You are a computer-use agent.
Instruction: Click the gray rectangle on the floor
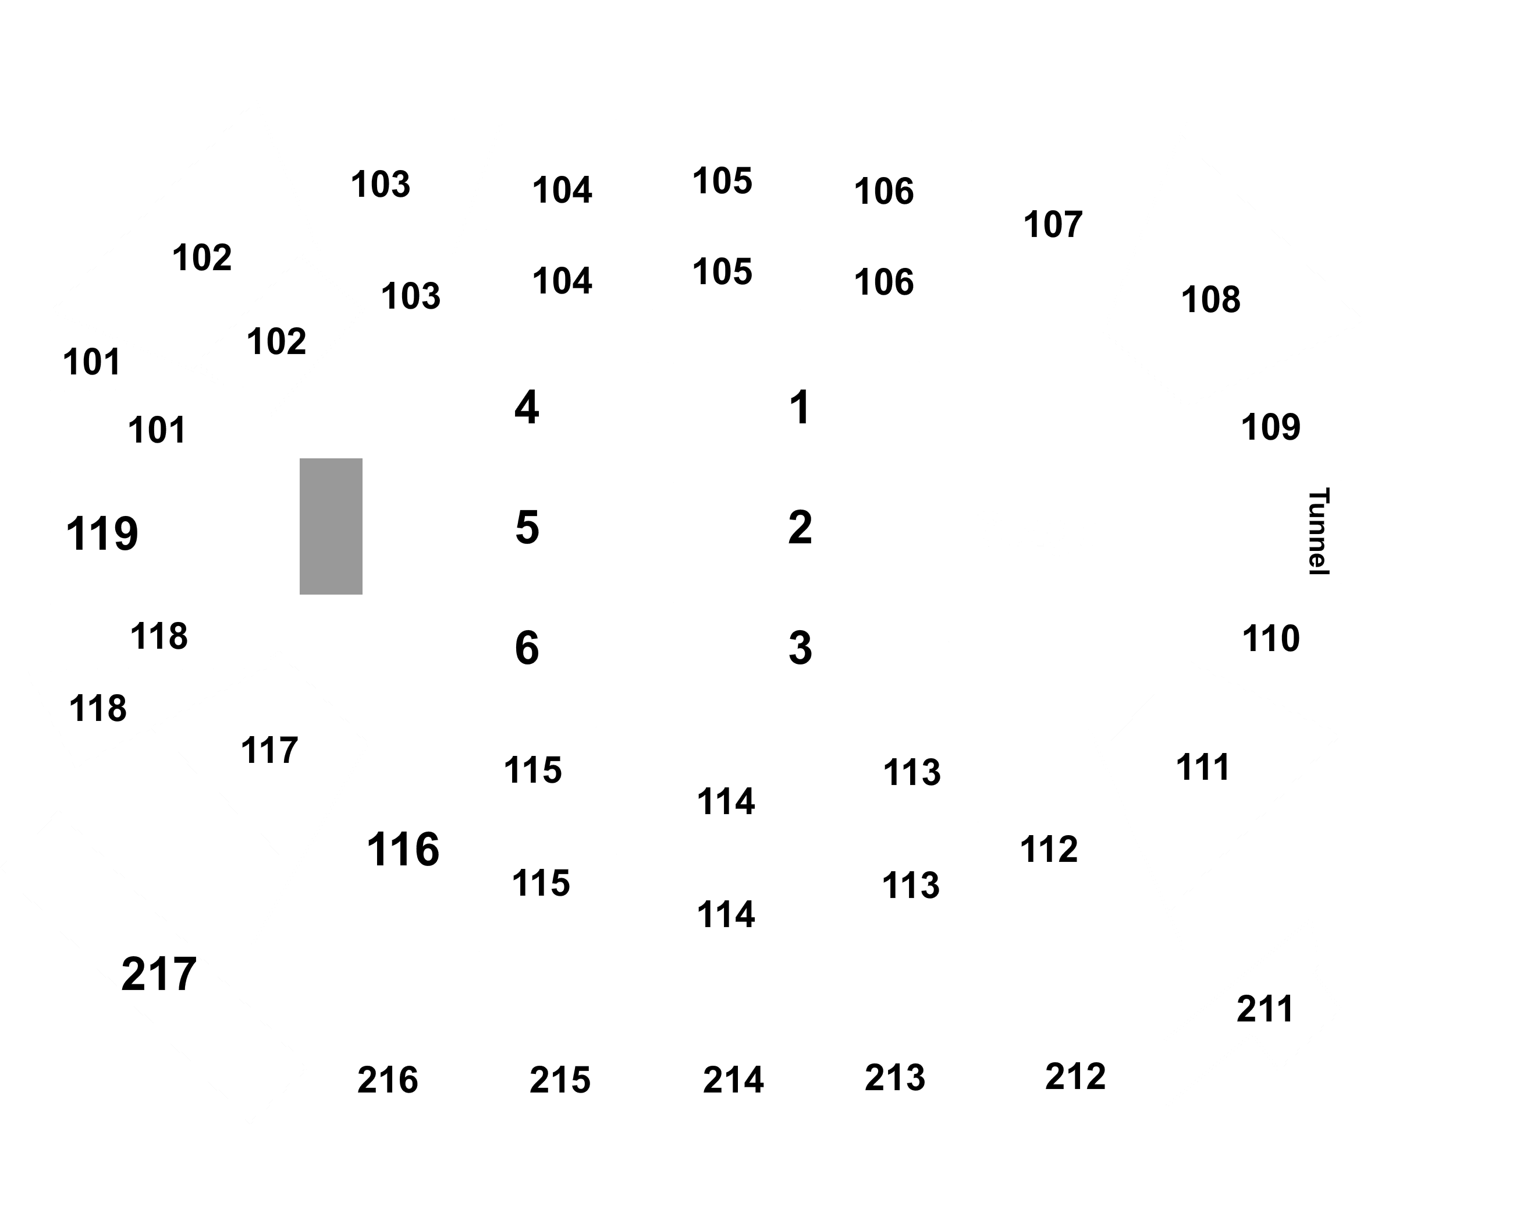tap(331, 526)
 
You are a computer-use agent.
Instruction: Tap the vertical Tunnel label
tap(1318, 531)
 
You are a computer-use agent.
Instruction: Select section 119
tap(102, 533)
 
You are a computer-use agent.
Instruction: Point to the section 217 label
tap(159, 974)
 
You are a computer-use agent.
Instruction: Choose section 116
tap(403, 849)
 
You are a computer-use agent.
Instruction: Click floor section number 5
tap(527, 527)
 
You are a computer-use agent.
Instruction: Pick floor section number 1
tap(800, 407)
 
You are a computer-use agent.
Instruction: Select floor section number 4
tap(527, 407)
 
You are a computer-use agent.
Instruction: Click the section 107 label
tap(1053, 225)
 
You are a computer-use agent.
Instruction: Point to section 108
tap(1211, 299)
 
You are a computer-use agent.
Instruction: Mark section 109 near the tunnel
tap(1271, 427)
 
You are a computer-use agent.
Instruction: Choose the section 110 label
tap(1271, 639)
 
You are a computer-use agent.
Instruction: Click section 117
tap(269, 750)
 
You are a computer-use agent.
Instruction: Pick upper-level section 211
tap(1265, 1009)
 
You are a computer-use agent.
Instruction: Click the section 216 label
tap(388, 1080)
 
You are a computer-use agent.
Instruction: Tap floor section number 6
tap(527, 648)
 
